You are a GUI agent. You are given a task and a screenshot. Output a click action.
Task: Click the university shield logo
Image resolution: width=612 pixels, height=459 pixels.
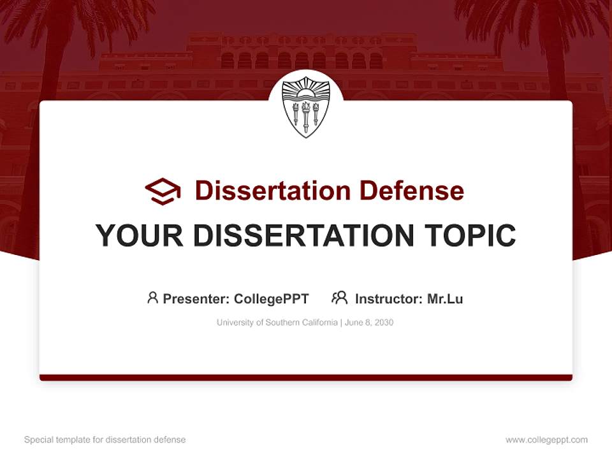point(305,107)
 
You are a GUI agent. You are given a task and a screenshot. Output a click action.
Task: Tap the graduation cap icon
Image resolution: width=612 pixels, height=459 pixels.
point(163,191)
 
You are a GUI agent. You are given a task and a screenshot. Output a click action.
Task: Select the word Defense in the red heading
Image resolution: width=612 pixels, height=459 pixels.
point(411,191)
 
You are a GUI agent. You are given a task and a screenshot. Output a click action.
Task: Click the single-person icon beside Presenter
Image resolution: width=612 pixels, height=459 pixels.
point(152,298)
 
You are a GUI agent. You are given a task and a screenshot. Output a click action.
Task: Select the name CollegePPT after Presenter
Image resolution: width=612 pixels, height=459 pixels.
point(272,299)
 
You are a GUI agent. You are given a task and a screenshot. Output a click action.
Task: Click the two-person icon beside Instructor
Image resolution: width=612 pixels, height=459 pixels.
point(339,298)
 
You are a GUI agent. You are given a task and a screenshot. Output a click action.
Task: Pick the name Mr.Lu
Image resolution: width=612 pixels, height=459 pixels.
point(445,299)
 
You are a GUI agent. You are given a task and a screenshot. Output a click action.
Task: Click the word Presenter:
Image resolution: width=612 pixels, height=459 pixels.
point(196,299)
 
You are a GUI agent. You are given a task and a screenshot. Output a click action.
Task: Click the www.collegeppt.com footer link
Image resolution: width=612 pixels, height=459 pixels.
point(546,440)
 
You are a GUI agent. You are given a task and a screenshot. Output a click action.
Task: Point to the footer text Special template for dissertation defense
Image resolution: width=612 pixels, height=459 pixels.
point(105,440)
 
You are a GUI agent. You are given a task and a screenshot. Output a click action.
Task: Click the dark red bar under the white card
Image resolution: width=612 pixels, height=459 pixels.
point(305,377)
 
